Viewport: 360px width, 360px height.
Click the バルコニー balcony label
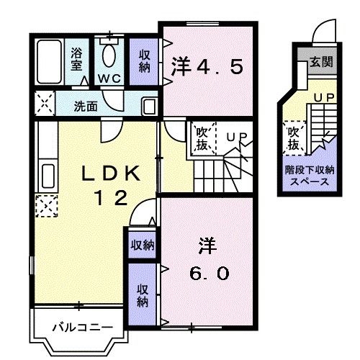(81, 328)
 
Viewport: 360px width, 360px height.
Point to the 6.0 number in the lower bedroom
(210, 274)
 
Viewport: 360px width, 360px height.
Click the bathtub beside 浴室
(49, 63)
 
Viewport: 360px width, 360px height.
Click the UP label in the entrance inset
(323, 96)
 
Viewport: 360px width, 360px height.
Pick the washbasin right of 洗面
(149, 105)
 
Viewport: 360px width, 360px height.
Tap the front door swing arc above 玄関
(321, 32)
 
